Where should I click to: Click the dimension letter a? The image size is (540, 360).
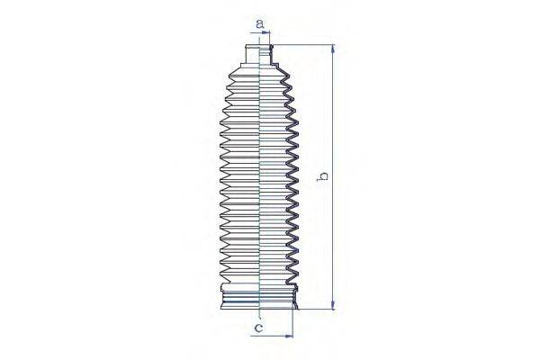258,22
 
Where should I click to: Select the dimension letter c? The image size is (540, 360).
258,329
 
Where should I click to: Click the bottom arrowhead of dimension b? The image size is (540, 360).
333,307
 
